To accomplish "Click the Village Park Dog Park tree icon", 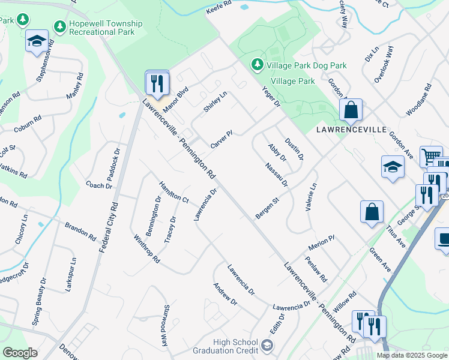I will click(257, 64).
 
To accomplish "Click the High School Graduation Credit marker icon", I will click(267, 346).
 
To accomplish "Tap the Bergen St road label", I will click(267, 208).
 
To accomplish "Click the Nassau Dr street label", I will click(277, 175).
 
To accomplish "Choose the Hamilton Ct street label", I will click(174, 191).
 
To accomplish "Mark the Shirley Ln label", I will click(215, 101).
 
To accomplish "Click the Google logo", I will click(20, 352).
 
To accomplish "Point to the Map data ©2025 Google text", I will click(412, 355).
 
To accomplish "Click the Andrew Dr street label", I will click(225, 294).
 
